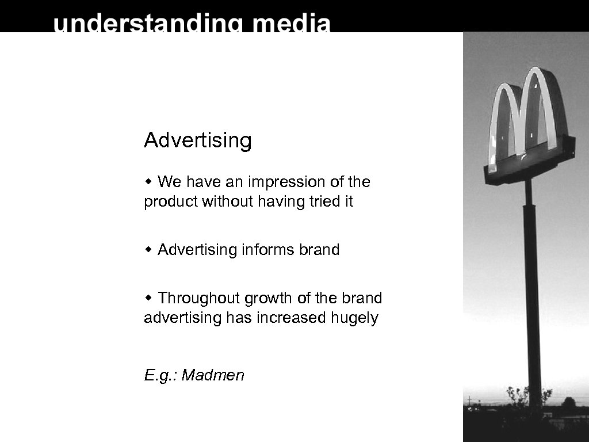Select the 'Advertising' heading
(198, 140)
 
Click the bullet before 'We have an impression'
(148, 182)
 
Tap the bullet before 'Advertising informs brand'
(148, 250)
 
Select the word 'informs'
(268, 250)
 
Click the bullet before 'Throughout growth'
(148, 299)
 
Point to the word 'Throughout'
(199, 299)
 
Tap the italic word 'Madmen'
(213, 376)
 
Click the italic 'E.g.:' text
(161, 376)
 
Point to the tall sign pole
(533, 288)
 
